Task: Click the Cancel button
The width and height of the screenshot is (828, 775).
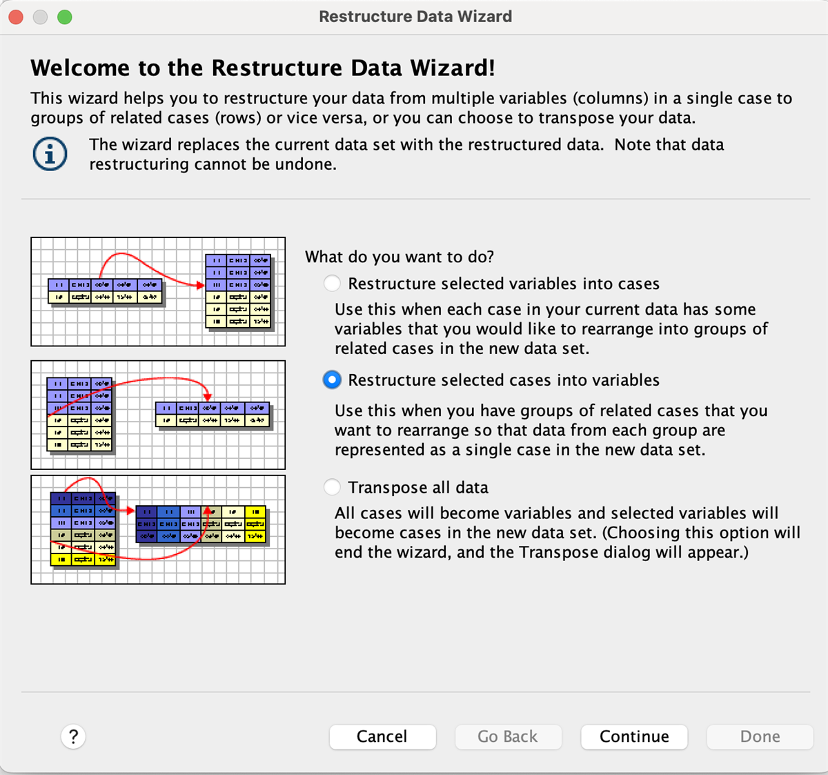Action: (382, 736)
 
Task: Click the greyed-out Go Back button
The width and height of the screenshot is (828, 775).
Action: (508, 736)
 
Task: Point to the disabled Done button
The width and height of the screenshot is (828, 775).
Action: (760, 736)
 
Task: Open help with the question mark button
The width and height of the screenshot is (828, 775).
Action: (73, 736)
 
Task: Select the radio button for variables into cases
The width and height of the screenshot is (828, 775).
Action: (332, 284)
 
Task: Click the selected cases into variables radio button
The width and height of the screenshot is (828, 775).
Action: (332, 380)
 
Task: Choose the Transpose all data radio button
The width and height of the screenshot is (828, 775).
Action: (332, 487)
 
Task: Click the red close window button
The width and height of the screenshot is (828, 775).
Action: (16, 17)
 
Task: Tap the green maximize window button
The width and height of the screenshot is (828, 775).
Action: (65, 17)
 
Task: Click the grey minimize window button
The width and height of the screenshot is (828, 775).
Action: (40, 17)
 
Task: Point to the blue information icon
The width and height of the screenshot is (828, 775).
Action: (50, 154)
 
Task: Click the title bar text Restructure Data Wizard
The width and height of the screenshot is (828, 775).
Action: (415, 17)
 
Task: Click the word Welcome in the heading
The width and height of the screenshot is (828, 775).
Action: (80, 68)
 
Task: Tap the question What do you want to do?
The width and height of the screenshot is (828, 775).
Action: (400, 257)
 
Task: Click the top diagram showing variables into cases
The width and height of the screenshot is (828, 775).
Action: (158, 291)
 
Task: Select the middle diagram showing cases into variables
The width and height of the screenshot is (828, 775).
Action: (158, 415)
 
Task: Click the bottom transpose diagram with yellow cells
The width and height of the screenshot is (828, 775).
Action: (158, 529)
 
